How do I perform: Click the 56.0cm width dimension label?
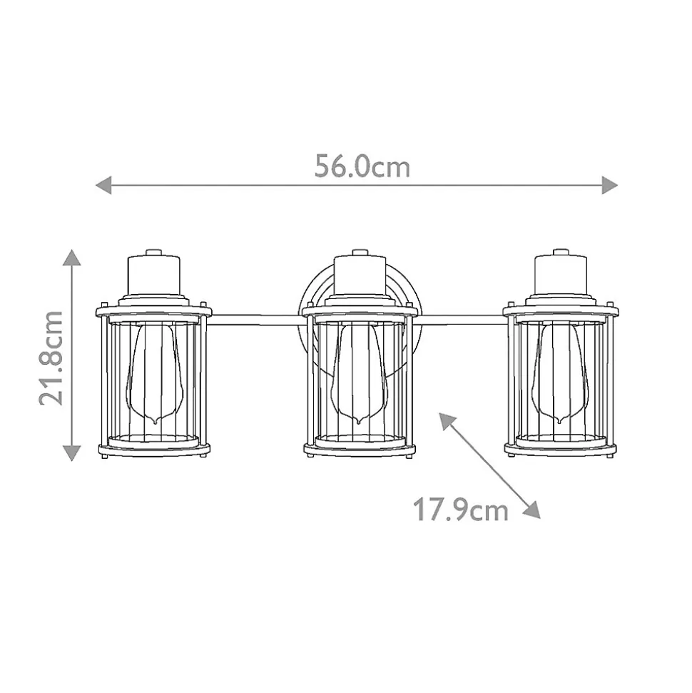[362, 167]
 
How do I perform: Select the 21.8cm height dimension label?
[51, 358]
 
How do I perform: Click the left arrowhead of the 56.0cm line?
[103, 185]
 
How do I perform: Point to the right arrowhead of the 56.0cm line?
[610, 185]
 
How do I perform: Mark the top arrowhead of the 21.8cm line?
[71, 257]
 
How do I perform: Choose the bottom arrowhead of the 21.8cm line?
[71, 453]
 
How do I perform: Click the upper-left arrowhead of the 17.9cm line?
[447, 420]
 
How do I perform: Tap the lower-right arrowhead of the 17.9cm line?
[532, 510]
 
